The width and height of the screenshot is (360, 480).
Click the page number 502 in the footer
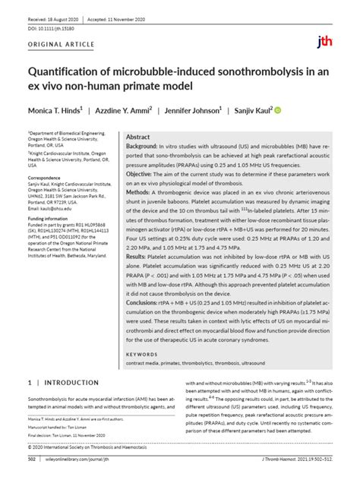point(32,459)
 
